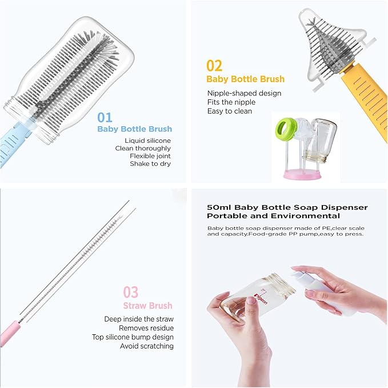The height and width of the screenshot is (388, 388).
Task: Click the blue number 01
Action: pyautogui.click(x=105, y=117)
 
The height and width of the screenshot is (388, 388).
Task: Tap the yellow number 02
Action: pyautogui.click(x=214, y=66)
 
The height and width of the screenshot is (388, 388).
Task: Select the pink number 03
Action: pyautogui.click(x=131, y=292)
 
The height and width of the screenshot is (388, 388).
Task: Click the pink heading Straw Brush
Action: pyautogui.click(x=148, y=306)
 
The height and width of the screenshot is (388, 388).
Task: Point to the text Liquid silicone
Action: pyautogui.click(x=148, y=141)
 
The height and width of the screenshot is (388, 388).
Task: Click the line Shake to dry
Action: pyautogui.click(x=150, y=163)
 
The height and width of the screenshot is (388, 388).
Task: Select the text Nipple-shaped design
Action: pyautogui.click(x=244, y=93)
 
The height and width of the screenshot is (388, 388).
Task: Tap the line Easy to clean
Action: pyautogui.click(x=230, y=111)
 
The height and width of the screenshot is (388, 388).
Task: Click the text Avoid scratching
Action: pyautogui.click(x=147, y=346)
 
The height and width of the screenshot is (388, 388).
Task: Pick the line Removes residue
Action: pyautogui.click(x=146, y=328)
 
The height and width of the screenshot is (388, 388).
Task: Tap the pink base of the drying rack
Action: pyautogui.click(x=302, y=174)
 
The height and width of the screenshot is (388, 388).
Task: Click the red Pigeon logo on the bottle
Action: pyautogui.click(x=261, y=299)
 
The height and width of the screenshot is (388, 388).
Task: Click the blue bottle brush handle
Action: pyautogui.click(x=14, y=142)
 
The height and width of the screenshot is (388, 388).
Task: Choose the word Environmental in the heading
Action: pyautogui.click(x=305, y=216)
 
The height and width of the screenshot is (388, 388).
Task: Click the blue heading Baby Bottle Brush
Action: pyautogui.click(x=135, y=129)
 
